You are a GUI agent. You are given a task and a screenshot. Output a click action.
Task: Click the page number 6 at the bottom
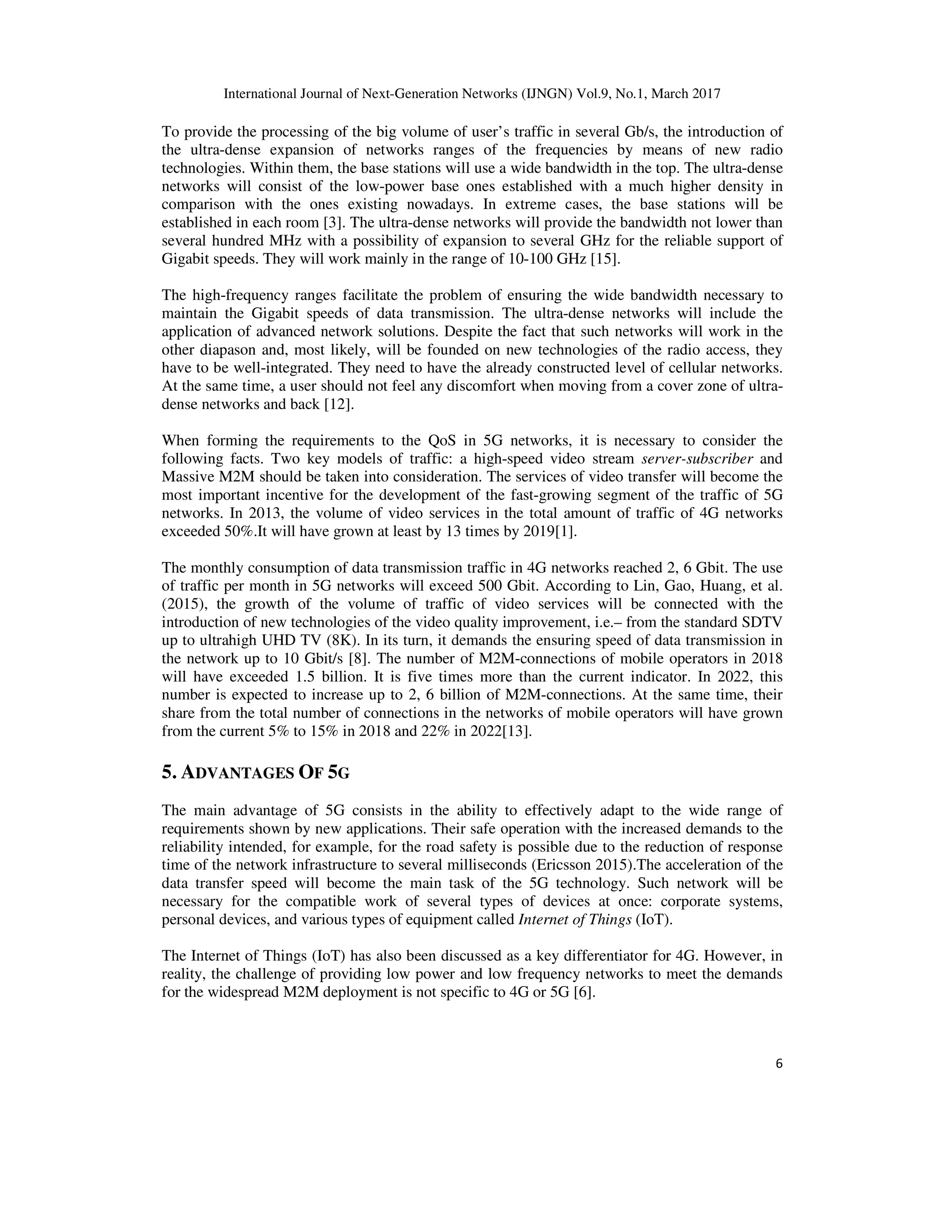[779, 1063]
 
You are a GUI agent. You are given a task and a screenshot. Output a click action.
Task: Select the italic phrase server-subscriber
[701, 459]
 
